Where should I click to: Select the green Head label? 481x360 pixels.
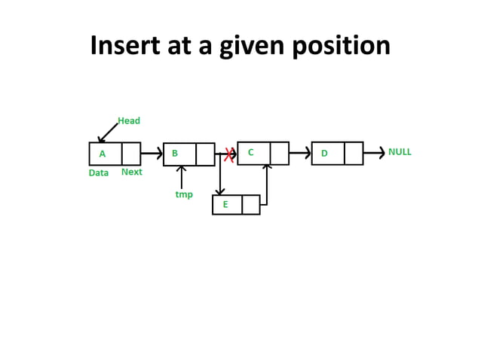point(129,121)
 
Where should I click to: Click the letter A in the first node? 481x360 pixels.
point(103,154)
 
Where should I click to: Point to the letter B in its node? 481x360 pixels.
point(175,154)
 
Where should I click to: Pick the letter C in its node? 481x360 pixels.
point(251,152)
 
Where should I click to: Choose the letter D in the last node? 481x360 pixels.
point(324,154)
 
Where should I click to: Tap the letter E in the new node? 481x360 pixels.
point(225,204)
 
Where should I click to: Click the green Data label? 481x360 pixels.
point(99,172)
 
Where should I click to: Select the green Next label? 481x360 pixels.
point(131,172)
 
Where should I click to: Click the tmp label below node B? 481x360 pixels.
point(184,194)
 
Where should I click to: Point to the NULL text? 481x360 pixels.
point(400,151)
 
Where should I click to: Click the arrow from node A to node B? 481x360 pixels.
point(152,154)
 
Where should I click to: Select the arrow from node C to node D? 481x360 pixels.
point(300,154)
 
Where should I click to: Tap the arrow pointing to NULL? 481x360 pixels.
point(374,154)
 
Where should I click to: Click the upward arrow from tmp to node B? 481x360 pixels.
point(181,177)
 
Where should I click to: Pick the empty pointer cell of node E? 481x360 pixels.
point(251,205)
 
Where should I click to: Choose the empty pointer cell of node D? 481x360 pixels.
point(354,154)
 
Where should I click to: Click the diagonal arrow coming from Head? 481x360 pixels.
point(108,133)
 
